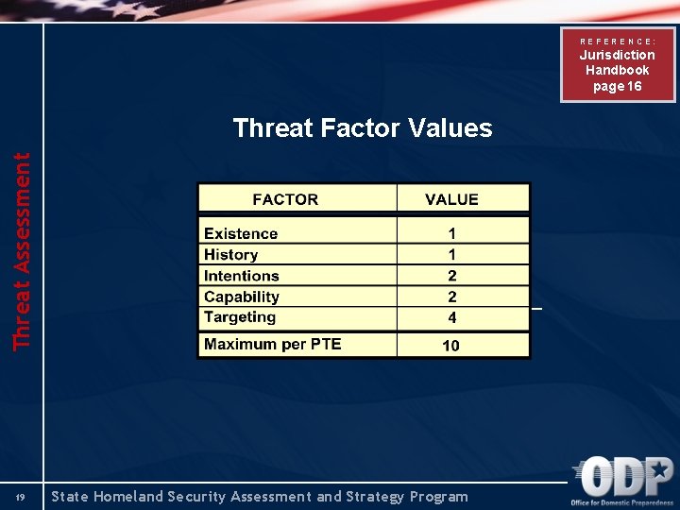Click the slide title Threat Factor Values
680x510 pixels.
click(363, 127)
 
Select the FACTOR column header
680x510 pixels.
click(285, 199)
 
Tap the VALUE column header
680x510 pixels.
click(451, 199)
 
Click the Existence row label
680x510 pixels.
click(241, 233)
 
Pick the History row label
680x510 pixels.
click(230, 254)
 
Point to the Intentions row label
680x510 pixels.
click(242, 276)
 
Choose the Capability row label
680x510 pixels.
click(242, 297)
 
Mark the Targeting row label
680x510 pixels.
click(239, 317)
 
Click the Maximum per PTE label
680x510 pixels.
click(272, 344)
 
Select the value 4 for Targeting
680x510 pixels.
click(452, 318)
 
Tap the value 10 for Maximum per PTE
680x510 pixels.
click(451, 345)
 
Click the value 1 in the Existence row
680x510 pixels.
click(452, 233)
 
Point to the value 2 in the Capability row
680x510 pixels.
click(452, 297)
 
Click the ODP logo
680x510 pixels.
click(624, 479)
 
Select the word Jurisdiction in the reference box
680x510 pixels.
click(618, 55)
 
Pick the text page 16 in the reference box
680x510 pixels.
click(618, 86)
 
